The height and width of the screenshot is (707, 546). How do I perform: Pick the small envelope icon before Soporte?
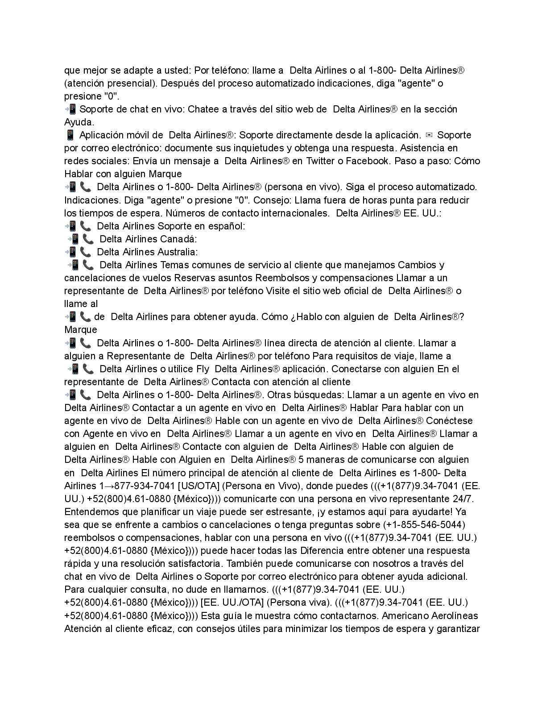click(429, 135)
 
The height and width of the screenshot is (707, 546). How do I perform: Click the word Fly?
click(203, 369)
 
